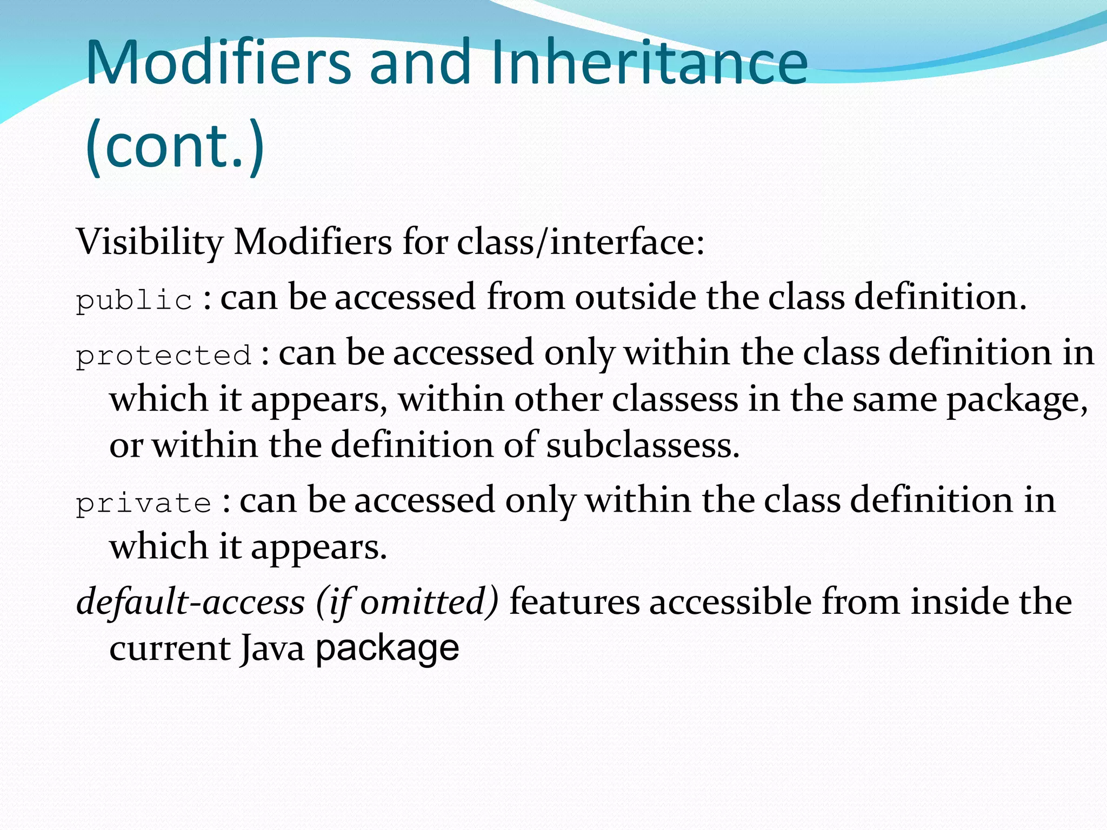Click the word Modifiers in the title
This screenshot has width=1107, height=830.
(x=219, y=63)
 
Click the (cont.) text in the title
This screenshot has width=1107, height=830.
(x=175, y=146)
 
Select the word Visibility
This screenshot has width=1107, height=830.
(x=149, y=242)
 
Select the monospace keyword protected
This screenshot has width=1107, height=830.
(x=163, y=356)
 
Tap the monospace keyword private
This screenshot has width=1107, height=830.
(x=143, y=503)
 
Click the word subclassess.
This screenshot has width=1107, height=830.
(x=642, y=446)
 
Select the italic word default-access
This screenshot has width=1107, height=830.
(x=191, y=602)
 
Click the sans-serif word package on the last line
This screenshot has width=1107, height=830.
(x=387, y=648)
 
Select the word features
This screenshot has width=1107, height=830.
(x=575, y=602)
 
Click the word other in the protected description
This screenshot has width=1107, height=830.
(x=558, y=400)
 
